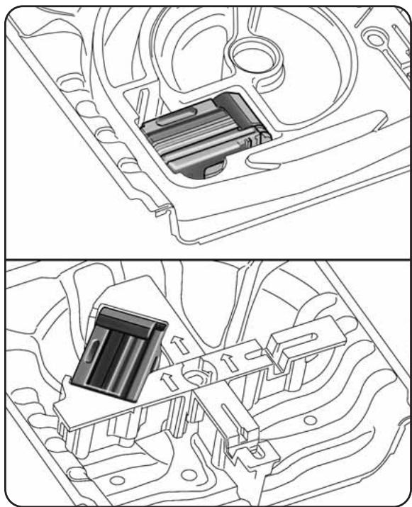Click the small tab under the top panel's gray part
click(x=211, y=170)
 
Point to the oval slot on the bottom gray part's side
click(x=92, y=352)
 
